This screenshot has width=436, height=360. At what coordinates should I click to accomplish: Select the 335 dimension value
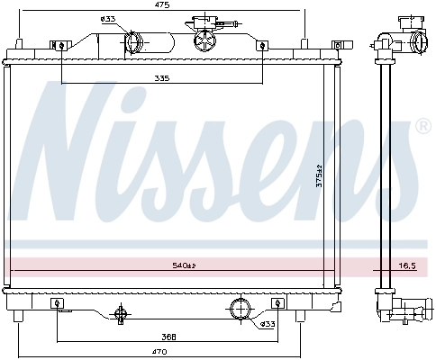point(161,78)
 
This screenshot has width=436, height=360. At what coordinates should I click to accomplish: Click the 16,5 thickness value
point(407,265)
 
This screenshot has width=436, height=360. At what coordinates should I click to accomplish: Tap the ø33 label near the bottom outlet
point(268,324)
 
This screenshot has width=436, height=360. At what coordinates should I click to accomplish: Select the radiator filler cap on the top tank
point(202,39)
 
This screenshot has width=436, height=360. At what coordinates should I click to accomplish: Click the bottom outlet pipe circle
point(241,309)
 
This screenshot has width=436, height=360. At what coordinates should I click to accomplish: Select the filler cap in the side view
point(417,40)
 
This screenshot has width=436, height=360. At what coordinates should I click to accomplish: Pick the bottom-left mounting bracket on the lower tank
point(56,303)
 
